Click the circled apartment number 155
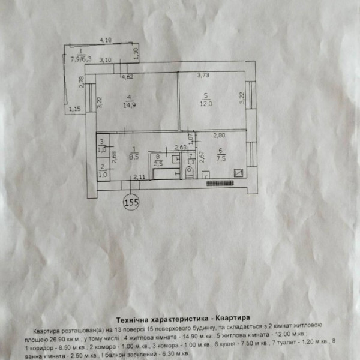point(131,202)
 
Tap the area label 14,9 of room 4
point(129,104)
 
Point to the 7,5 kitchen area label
point(221,159)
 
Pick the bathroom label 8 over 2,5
point(158,160)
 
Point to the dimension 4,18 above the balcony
point(105,40)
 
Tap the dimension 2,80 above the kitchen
point(218,136)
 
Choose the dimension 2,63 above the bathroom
point(180,147)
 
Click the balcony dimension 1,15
point(75,109)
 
